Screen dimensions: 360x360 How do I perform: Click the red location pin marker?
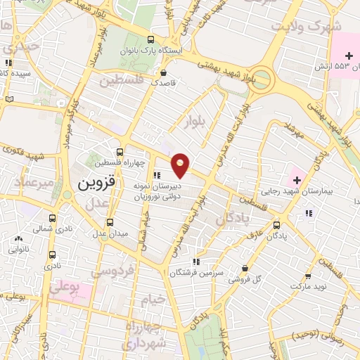click(181, 165)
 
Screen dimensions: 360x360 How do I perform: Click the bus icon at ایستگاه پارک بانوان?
click(152, 41)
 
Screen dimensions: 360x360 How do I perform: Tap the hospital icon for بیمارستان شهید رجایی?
click(295, 176)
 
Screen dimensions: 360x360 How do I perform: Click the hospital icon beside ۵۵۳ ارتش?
click(347, 55)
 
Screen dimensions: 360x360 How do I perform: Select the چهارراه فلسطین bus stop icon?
click(120, 152)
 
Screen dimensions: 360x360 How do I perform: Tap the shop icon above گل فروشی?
click(244, 268)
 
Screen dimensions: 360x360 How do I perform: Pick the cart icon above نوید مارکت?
click(308, 277)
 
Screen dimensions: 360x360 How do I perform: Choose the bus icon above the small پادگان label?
click(276, 226)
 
